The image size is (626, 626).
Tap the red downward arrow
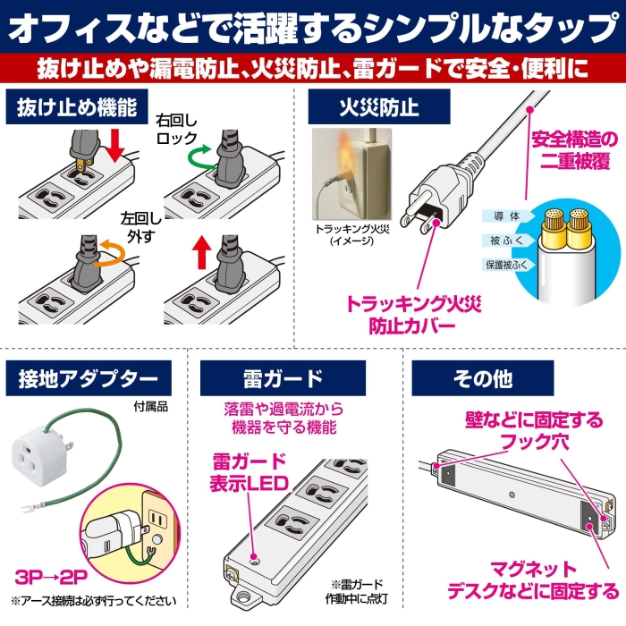(114, 145)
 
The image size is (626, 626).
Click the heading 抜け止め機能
(77, 107)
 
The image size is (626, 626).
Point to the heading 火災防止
(379, 106)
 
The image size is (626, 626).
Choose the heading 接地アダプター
(89, 378)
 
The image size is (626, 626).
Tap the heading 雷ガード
(283, 378)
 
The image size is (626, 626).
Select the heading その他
(483, 378)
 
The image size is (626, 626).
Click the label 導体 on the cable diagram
(507, 216)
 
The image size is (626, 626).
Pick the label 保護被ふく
(506, 265)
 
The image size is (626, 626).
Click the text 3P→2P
(51, 577)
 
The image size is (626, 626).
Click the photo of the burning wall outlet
(351, 173)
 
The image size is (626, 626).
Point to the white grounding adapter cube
(38, 456)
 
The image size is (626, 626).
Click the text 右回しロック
(176, 129)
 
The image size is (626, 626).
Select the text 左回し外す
(141, 227)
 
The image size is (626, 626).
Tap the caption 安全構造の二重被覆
(575, 150)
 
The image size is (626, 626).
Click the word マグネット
(533, 569)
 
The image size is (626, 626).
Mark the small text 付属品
(150, 407)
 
